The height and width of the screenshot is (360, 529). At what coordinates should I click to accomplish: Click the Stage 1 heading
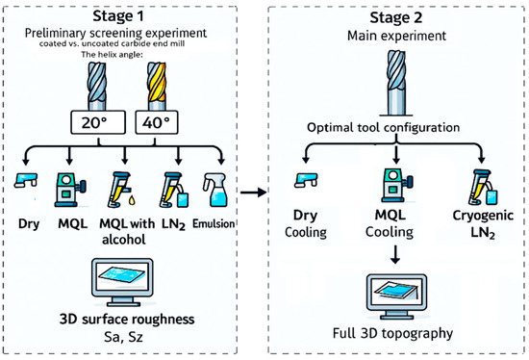point(118,15)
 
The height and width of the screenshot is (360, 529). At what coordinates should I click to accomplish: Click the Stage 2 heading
point(395,17)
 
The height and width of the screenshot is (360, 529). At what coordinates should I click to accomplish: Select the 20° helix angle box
point(98,122)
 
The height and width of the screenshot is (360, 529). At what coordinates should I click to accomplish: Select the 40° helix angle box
point(157,122)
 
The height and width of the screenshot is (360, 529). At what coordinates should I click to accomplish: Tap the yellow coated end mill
point(157,86)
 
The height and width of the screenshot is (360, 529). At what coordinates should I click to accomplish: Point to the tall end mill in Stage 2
point(396,83)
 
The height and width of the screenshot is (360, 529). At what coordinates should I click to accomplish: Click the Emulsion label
point(214,223)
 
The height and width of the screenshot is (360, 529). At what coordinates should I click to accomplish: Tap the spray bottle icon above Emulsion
point(214,190)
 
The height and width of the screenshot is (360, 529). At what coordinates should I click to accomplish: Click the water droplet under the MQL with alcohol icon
point(132,200)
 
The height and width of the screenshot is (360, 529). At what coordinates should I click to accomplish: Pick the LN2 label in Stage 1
point(173,224)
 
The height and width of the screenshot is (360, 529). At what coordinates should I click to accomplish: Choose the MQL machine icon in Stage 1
point(70,190)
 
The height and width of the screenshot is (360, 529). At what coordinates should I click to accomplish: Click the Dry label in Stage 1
point(29,224)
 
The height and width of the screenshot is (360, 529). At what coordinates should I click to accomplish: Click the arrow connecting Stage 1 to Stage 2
point(253,193)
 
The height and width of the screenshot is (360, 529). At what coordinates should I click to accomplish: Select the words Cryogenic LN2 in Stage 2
point(483,224)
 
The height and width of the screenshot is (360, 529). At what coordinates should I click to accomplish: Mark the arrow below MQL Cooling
point(395,254)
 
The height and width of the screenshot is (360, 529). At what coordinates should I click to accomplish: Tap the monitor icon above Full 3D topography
point(396,296)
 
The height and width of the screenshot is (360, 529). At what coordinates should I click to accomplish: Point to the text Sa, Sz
point(123,337)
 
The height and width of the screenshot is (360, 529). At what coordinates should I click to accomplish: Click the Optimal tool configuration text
point(383,128)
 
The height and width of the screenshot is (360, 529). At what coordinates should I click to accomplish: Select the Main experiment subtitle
point(396,36)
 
